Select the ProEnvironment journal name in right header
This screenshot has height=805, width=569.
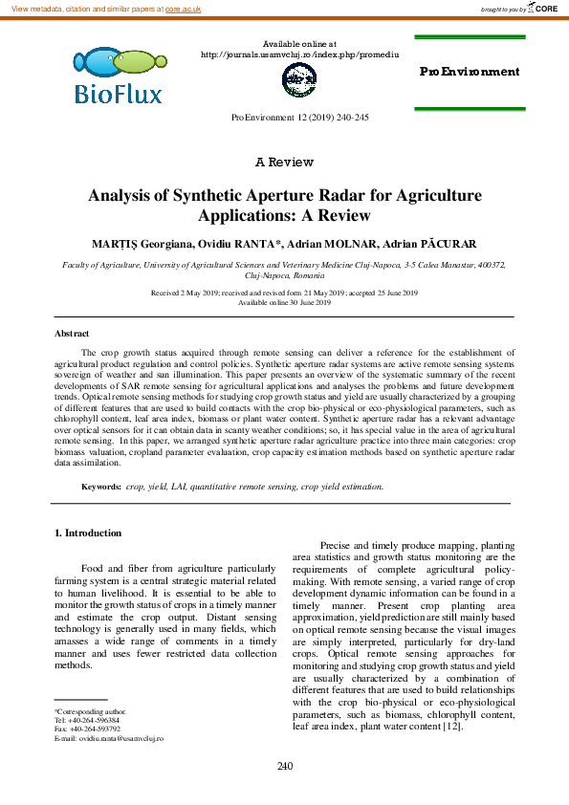click(x=470, y=72)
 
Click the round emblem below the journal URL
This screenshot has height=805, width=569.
click(x=298, y=82)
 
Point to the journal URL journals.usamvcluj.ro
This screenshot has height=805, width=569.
click(x=299, y=54)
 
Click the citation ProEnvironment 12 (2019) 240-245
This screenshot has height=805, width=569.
click(x=300, y=117)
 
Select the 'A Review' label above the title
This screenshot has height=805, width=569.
click(x=284, y=162)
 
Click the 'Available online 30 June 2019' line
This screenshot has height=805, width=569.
click(x=284, y=302)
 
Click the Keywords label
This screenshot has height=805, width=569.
click(x=100, y=487)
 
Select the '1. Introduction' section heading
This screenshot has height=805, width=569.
click(x=87, y=533)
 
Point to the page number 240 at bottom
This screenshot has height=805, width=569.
click(x=284, y=767)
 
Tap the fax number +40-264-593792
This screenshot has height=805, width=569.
click(x=98, y=729)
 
